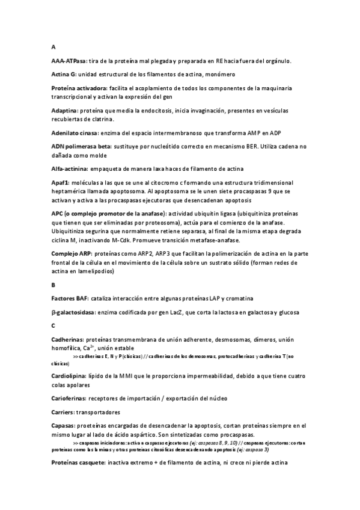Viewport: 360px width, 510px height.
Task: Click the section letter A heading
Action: click(53, 47)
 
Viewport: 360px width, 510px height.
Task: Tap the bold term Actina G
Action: click(64, 74)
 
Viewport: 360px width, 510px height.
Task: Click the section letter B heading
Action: click(53, 285)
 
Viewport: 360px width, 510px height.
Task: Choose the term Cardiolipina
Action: click(69, 375)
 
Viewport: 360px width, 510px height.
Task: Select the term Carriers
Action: click(64, 412)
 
